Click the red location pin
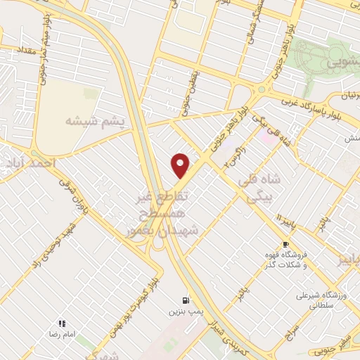[x=181, y=165]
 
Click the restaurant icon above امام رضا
[x=62, y=323]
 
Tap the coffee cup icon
[x=285, y=244]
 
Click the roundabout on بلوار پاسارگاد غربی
[x=264, y=89]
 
